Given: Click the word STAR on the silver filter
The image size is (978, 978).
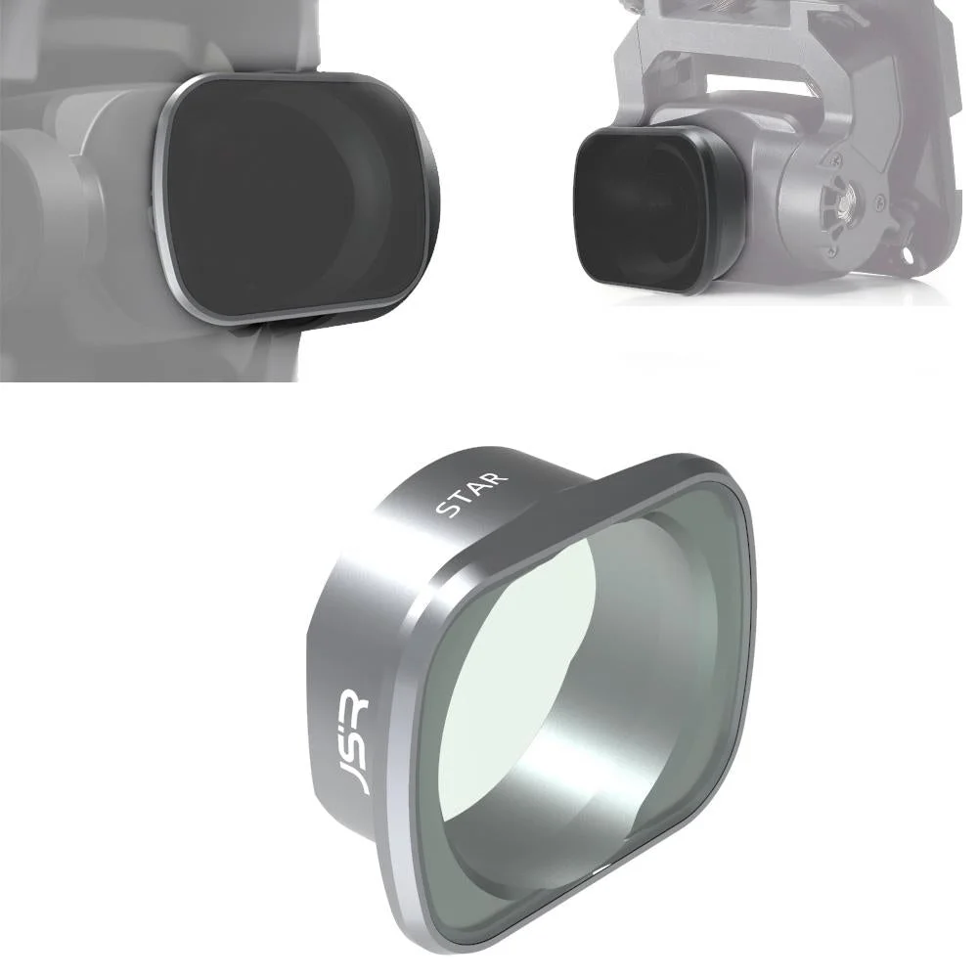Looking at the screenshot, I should tap(473, 495).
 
